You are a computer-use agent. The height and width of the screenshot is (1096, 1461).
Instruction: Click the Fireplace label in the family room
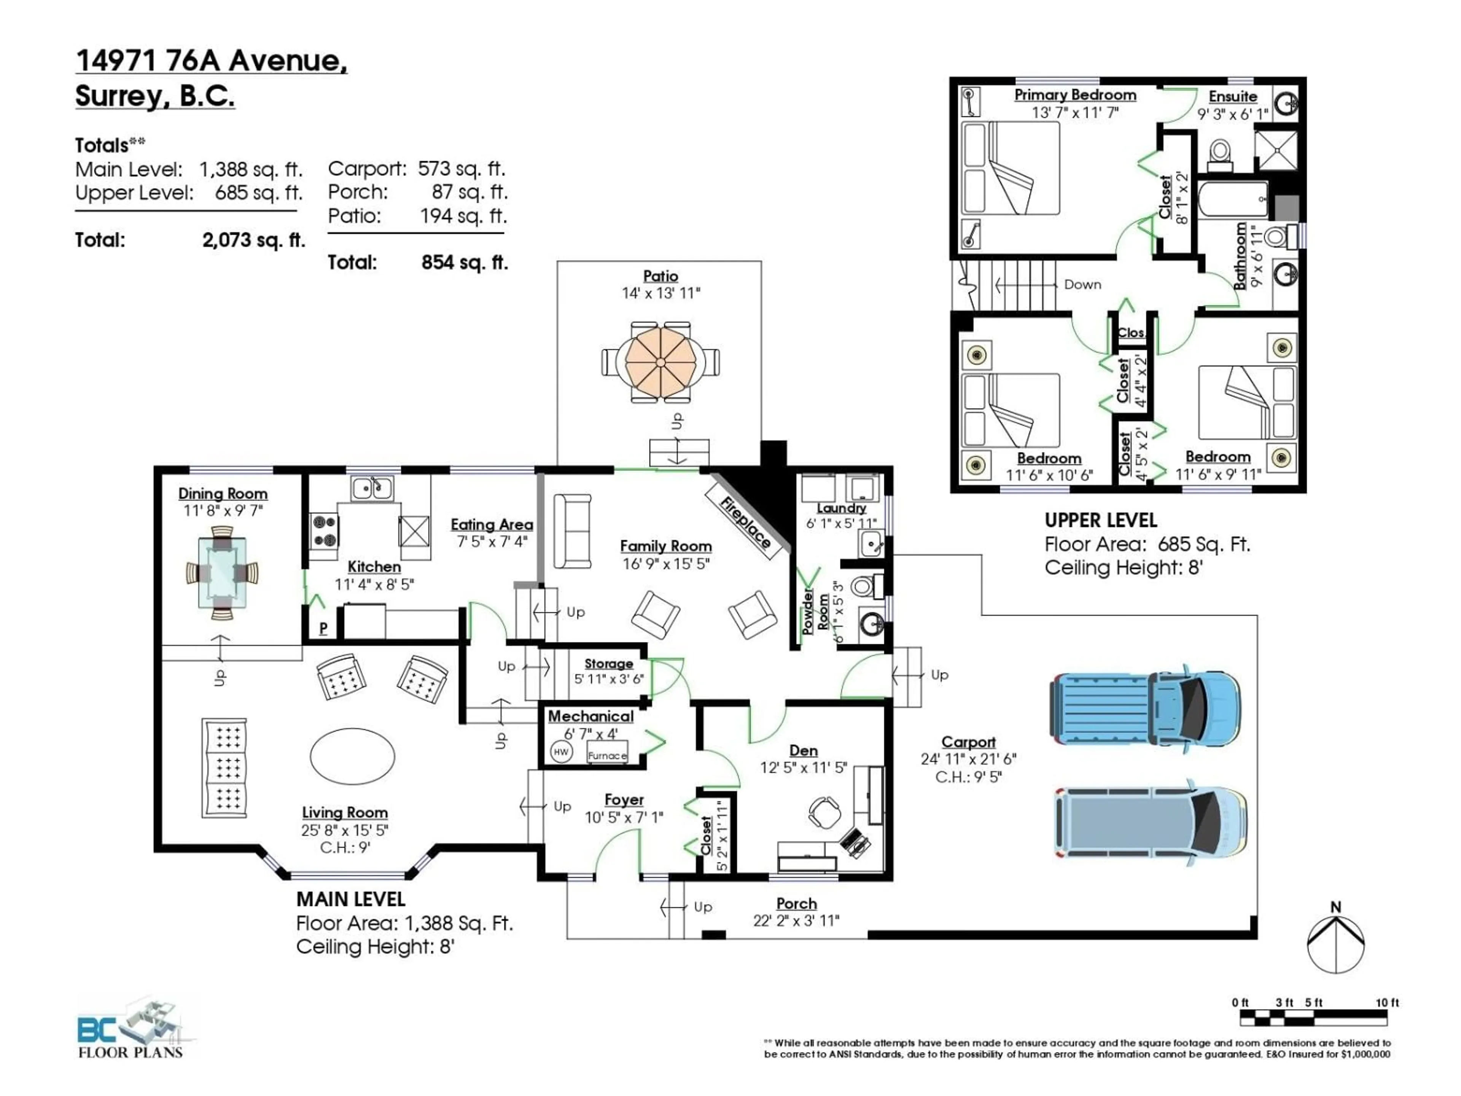tap(745, 523)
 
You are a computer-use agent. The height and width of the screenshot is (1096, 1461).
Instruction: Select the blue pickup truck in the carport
tap(1144, 709)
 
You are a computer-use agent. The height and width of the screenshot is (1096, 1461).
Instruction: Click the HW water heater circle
tap(561, 752)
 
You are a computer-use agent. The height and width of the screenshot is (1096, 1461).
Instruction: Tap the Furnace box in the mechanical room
tap(607, 755)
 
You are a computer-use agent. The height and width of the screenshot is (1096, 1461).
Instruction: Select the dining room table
tap(222, 573)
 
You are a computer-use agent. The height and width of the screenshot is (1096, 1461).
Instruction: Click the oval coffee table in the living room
tap(353, 756)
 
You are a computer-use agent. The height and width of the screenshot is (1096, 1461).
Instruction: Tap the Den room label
tap(803, 750)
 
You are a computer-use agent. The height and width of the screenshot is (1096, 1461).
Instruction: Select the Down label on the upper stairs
tap(1082, 285)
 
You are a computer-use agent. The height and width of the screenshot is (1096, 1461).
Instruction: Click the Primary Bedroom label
tap(1074, 95)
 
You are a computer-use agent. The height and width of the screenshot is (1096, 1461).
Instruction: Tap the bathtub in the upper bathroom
tap(1232, 199)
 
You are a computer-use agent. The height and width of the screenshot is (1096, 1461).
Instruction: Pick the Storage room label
tap(608, 663)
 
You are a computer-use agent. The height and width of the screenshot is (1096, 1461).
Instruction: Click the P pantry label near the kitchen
tap(323, 628)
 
